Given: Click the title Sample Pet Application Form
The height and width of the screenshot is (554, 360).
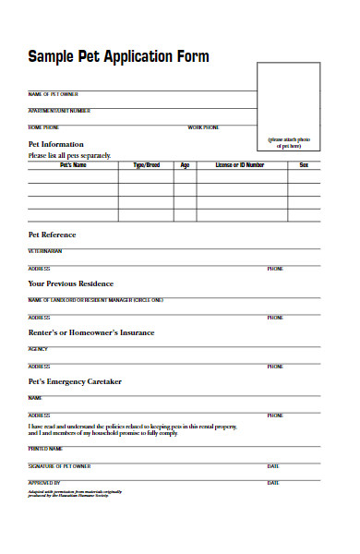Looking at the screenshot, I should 119,57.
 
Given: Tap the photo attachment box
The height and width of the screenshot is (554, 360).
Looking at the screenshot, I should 290,104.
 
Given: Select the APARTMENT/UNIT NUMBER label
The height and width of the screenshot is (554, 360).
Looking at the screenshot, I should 59,111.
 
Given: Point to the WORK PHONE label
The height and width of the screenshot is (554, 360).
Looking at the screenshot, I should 204,126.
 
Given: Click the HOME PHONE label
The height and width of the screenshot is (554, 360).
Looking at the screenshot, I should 43,126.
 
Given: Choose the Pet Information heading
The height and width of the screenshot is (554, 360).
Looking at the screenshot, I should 56,144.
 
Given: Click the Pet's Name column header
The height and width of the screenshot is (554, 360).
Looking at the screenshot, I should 73,165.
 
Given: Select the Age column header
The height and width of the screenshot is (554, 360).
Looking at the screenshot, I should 185,165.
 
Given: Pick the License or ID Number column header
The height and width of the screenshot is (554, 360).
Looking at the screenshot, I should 240,165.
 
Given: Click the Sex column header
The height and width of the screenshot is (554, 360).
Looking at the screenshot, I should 304,165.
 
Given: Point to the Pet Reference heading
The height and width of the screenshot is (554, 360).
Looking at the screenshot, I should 52,235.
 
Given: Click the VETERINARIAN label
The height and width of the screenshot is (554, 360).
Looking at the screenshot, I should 46,251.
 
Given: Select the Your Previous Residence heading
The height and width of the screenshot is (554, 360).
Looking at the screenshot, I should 70,283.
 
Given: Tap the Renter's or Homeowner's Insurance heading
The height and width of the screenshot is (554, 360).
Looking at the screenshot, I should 91,332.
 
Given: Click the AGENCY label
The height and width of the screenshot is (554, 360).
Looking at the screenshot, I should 38,349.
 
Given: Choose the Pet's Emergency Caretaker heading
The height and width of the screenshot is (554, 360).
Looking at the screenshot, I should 75,381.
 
